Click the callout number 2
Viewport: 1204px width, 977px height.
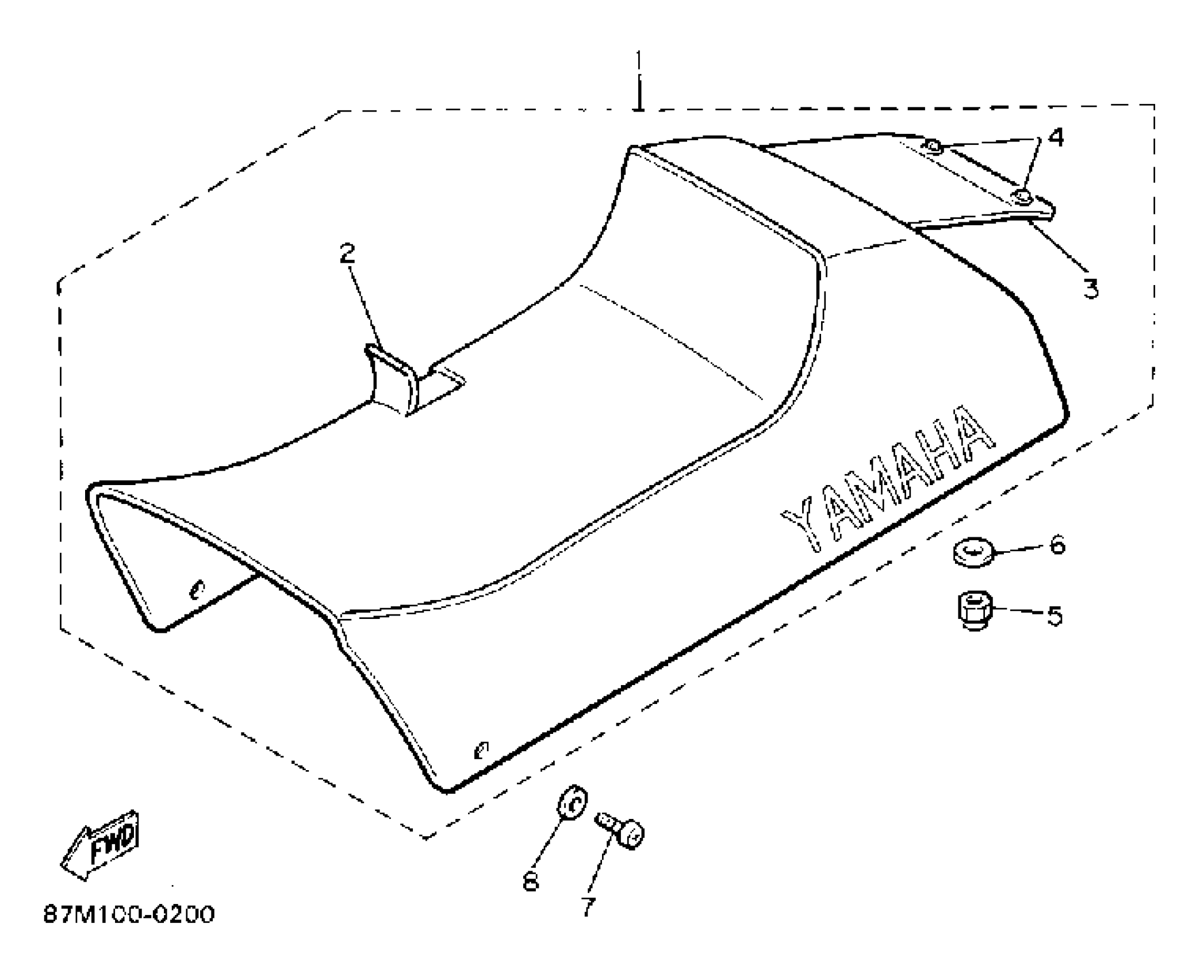[x=348, y=253]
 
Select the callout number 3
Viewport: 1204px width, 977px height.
[x=1091, y=288]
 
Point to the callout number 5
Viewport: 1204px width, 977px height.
[x=1054, y=616]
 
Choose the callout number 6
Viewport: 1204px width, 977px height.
[x=1057, y=544]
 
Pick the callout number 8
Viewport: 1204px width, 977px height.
[x=530, y=880]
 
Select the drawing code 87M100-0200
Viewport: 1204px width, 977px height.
[x=129, y=914]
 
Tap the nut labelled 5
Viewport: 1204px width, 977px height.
[x=973, y=611]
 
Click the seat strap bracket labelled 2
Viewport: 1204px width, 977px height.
[x=394, y=379]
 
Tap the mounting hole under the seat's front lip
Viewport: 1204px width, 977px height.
[x=197, y=588]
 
